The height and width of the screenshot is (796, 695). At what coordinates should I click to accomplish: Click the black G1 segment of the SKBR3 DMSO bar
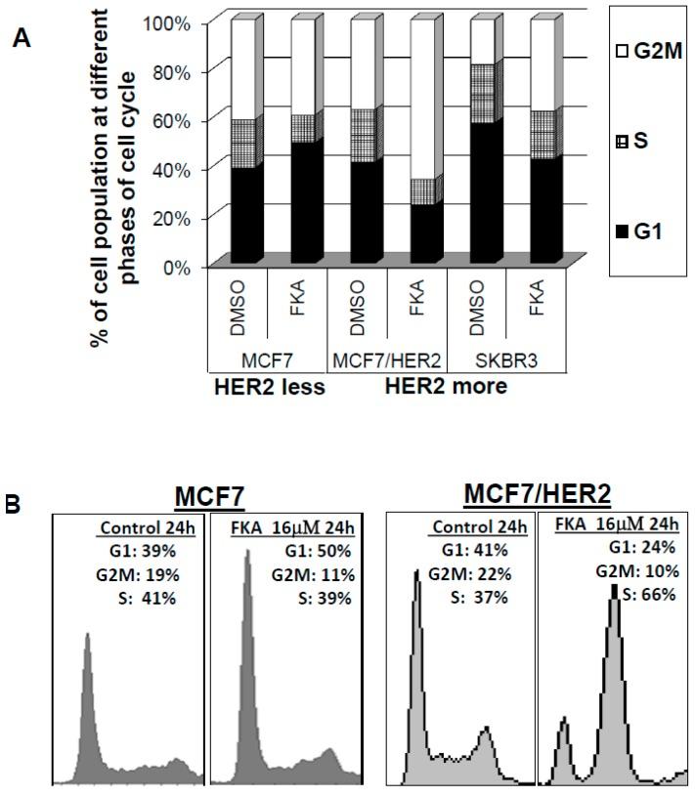click(x=468, y=191)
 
